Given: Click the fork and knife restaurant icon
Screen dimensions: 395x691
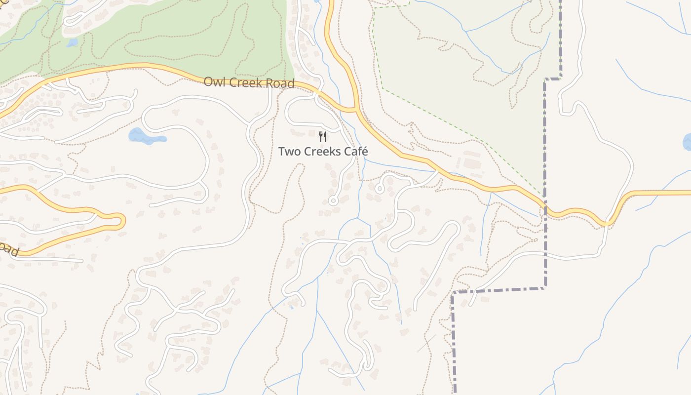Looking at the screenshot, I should pyautogui.click(x=323, y=137).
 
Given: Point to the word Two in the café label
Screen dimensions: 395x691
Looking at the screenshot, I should pyautogui.click(x=289, y=152).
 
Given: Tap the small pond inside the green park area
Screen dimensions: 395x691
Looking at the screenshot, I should pyautogui.click(x=72, y=43).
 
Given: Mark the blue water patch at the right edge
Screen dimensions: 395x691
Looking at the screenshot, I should pyautogui.click(x=688, y=142).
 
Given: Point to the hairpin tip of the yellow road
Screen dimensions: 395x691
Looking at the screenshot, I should pyautogui.click(x=121, y=221).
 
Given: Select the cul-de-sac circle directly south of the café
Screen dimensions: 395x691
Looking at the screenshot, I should pyautogui.click(x=333, y=200).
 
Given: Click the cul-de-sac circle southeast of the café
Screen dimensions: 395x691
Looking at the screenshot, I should pyautogui.click(x=380, y=188).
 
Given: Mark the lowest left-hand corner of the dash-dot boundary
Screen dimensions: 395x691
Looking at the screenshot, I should pyautogui.click(x=453, y=293).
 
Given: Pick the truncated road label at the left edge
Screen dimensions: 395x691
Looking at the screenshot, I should pyautogui.click(x=8, y=249).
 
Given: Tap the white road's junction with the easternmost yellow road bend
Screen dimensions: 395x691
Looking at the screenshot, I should pyautogui.click(x=608, y=224).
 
